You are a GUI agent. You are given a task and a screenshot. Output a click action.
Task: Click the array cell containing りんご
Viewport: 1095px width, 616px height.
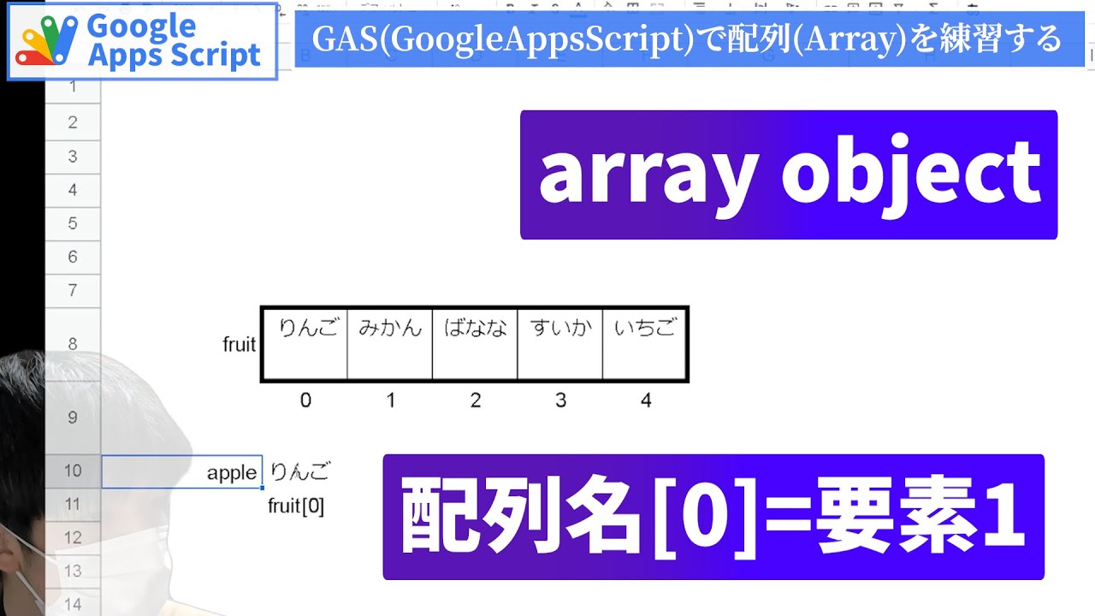pos(305,344)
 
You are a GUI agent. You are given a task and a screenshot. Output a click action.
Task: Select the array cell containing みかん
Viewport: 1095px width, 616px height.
pos(390,344)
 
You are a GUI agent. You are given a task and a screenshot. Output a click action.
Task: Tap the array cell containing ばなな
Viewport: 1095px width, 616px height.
pos(475,344)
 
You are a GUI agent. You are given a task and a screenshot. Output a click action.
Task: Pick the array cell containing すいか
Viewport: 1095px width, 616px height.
pos(560,344)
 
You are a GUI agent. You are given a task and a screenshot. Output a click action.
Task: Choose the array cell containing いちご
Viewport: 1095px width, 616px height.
pos(645,344)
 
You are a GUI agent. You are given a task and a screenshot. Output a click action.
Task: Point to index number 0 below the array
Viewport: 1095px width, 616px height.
pos(305,400)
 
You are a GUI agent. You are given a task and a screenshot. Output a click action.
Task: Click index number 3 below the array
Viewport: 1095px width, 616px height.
pos(560,400)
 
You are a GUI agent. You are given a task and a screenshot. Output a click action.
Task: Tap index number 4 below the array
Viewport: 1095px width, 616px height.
pos(645,400)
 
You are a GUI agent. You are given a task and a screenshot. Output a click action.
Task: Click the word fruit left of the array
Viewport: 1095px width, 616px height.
pos(240,345)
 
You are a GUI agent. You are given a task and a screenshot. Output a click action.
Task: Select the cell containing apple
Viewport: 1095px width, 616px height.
pos(182,472)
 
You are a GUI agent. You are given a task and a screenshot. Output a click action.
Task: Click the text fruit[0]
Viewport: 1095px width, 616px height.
pos(296,506)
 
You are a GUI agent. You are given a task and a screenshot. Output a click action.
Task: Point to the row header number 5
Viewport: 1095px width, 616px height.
pos(73,223)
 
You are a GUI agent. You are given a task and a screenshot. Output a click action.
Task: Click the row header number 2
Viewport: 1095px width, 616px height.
pos(73,122)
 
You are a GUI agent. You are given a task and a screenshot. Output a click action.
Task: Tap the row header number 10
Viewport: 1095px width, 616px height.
pos(73,471)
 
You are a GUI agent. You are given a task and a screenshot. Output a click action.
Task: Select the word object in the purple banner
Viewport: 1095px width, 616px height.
pos(910,175)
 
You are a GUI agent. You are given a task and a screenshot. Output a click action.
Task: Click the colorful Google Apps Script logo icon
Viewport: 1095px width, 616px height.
pos(48,42)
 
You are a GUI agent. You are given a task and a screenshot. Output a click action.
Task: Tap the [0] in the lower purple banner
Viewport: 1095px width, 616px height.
pos(702,518)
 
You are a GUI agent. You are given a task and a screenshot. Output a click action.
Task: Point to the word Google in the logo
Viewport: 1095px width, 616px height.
pos(141,26)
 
